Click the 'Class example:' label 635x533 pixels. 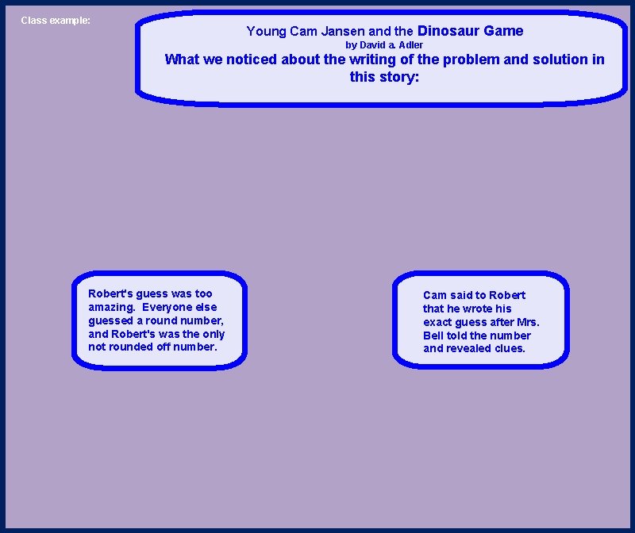point(56,20)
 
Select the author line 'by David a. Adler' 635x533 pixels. point(384,45)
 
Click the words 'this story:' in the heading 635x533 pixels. point(384,77)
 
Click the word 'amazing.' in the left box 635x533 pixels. point(112,307)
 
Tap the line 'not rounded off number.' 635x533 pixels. point(152,347)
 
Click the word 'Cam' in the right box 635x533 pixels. point(435,295)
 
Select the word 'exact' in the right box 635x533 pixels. point(439,322)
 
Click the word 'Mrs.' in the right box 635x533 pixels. point(526,322)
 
